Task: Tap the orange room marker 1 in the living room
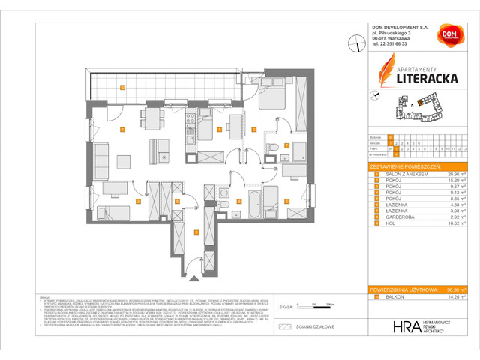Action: pyautogui.click(x=121, y=129)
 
